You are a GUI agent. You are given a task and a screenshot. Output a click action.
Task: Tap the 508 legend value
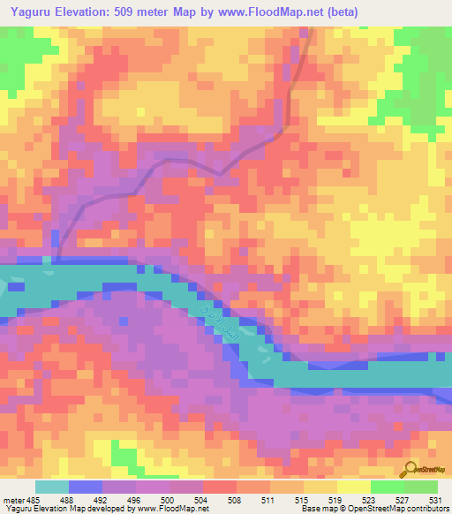(x=233, y=499)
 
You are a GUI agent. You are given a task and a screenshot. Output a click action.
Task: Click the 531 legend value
(x=435, y=499)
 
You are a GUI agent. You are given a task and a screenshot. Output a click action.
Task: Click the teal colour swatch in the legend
(x=52, y=487)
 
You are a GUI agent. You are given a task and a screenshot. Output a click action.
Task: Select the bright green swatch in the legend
(x=387, y=487)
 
